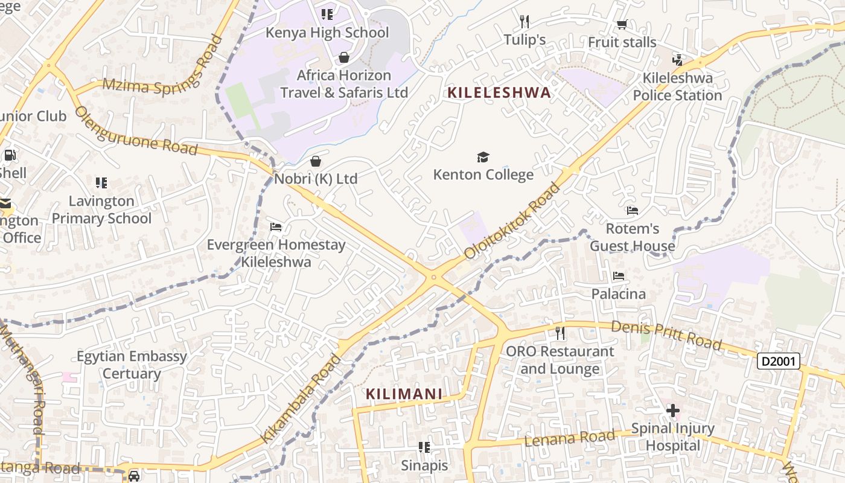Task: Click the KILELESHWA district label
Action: pyautogui.click(x=499, y=92)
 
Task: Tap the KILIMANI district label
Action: pyautogui.click(x=404, y=394)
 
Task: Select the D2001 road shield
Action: pyautogui.click(x=779, y=361)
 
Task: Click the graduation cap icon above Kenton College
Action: pyautogui.click(x=483, y=158)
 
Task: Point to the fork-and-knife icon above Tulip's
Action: pyautogui.click(x=525, y=22)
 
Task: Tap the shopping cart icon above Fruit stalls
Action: pyautogui.click(x=622, y=25)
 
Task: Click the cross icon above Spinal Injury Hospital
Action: pyautogui.click(x=672, y=411)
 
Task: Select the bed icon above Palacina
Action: pyautogui.click(x=619, y=276)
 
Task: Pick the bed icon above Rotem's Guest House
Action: pyautogui.click(x=632, y=211)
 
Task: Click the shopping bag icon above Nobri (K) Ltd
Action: pyautogui.click(x=315, y=161)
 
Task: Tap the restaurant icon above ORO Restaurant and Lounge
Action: pyautogui.click(x=560, y=333)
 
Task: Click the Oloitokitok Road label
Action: pyautogui.click(x=513, y=221)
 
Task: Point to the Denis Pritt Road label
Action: pyautogui.click(x=666, y=335)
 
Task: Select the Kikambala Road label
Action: pyautogui.click(x=301, y=399)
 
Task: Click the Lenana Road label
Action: pyautogui.click(x=570, y=438)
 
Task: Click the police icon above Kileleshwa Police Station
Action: pyautogui.click(x=677, y=60)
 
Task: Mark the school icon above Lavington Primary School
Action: pyautogui.click(x=101, y=182)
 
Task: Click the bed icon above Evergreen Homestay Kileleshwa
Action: pyautogui.click(x=276, y=227)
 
